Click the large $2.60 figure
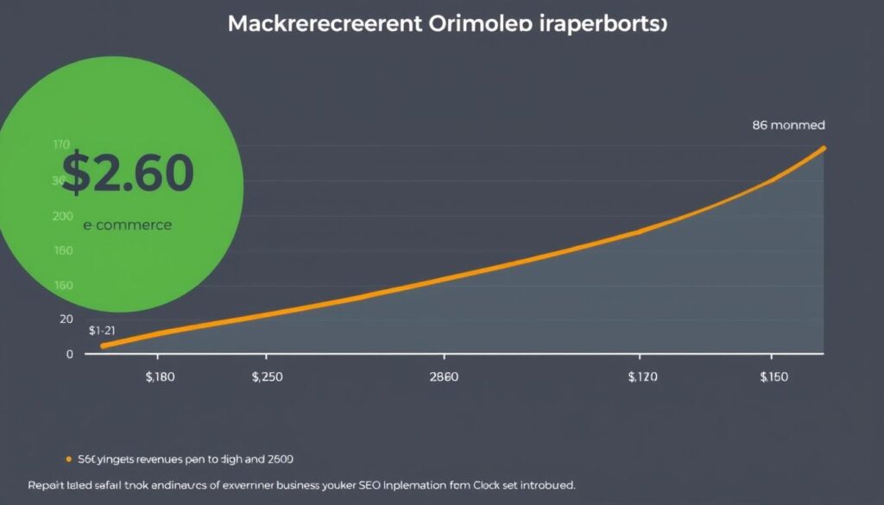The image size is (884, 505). click(x=128, y=172)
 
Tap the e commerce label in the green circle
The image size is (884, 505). click(x=128, y=225)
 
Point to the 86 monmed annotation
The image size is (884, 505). click(x=789, y=124)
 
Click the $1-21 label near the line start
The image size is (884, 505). click(x=103, y=330)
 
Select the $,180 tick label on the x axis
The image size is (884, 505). click(x=161, y=377)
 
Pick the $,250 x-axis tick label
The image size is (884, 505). click(x=268, y=377)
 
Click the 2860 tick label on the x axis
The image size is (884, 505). click(x=445, y=377)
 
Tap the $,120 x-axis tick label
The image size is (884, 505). click(x=642, y=377)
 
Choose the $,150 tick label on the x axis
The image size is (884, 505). click(x=774, y=377)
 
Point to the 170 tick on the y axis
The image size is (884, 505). click(x=60, y=145)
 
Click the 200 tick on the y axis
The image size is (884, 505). click(x=62, y=216)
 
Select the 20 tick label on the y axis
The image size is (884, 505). click(x=66, y=319)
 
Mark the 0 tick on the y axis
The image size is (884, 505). click(x=69, y=354)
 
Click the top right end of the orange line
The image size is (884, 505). click(x=823, y=148)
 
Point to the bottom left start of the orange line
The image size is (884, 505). click(x=104, y=345)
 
